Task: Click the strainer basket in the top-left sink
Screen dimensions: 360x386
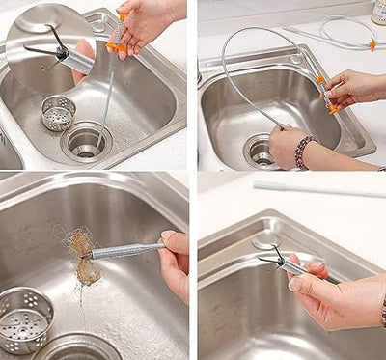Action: pyautogui.click(x=58, y=113)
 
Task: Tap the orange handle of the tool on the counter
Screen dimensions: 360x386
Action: pyautogui.click(x=372, y=43)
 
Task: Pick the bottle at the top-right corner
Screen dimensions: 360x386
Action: pyautogui.click(x=379, y=11)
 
